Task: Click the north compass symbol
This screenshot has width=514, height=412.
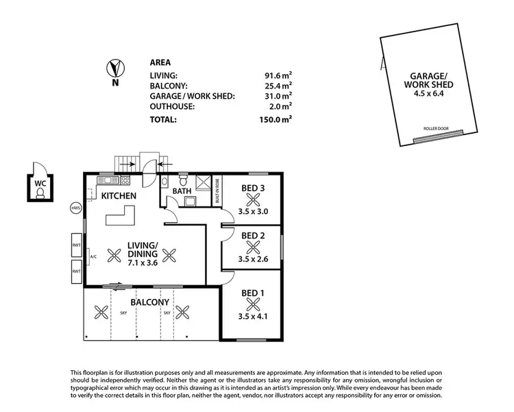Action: coord(114,69)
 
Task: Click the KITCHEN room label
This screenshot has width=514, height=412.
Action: coord(119,196)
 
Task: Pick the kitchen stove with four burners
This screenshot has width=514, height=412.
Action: coord(125,180)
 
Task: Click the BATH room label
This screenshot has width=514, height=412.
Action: coord(182,192)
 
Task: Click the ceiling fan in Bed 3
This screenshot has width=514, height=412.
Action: coord(254,199)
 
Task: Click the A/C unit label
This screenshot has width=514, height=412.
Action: coord(93,257)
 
